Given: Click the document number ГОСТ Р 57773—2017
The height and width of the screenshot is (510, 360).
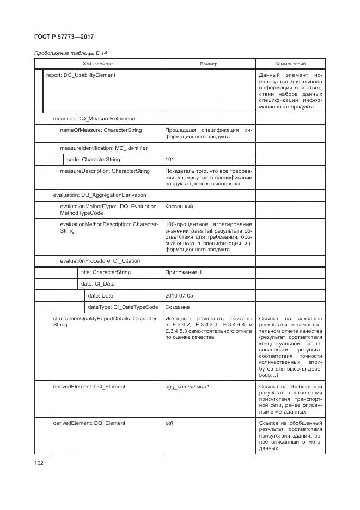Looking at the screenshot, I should coord(64,37).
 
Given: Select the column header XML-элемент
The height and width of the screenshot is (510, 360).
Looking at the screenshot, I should coord(98,64).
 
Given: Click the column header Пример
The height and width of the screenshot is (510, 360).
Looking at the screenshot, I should coord(208,64).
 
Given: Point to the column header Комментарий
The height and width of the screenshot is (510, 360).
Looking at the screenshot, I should coord(290,64).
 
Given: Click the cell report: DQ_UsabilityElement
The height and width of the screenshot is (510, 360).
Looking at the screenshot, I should coord(81,75).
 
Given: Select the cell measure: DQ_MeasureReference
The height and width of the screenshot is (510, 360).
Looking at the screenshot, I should coord(93,118).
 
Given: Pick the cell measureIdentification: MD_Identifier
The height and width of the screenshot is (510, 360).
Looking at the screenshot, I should coord(103,148).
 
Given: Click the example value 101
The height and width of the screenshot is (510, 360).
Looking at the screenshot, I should coord(169,160).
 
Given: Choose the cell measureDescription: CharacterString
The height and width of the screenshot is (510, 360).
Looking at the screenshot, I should coord(105,171).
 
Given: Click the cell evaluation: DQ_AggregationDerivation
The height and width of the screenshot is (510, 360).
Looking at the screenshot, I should coord(99,195).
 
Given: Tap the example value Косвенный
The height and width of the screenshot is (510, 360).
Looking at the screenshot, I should coord(179,207).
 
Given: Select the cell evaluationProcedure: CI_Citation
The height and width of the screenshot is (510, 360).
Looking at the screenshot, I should coord(101,260).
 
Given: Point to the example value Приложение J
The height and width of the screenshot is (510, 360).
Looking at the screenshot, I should coord(183,272).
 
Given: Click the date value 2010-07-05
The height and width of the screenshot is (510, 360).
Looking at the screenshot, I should coord(179,295).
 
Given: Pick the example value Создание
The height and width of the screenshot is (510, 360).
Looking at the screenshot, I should coord(177,307).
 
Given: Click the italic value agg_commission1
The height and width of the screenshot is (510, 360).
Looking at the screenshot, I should coord(187,386).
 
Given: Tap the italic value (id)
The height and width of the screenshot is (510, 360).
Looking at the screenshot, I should coord(169,423).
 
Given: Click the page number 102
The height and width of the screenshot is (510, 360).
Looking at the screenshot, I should coord(39,463).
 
